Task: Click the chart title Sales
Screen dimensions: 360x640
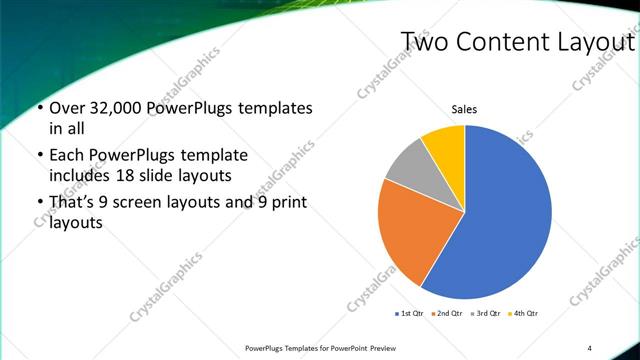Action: point(465,110)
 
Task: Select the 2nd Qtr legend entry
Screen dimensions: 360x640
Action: point(445,314)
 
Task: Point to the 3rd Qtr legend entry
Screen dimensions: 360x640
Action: point(484,314)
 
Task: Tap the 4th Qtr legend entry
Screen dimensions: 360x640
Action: point(523,314)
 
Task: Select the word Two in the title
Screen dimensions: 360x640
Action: point(423,42)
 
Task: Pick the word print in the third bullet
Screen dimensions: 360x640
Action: point(286,203)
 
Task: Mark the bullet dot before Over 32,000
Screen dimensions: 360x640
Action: point(39,108)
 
